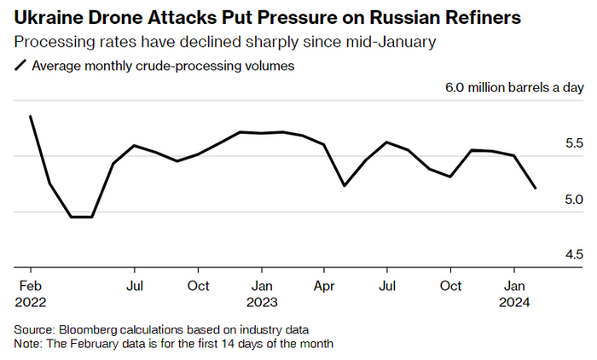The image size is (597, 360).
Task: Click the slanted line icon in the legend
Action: click(x=20, y=66)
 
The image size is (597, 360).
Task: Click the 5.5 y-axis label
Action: click(x=549, y=143)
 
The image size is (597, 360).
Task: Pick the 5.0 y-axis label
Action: click(x=549, y=199)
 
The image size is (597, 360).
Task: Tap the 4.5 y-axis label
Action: click(x=549, y=253)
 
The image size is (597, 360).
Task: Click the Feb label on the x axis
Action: click(x=30, y=286)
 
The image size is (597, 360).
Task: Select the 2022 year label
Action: click(x=30, y=301)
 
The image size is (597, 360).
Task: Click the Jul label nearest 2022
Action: click(x=135, y=286)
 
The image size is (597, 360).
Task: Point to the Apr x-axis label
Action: click(x=324, y=286)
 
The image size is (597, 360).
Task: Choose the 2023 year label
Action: click(x=262, y=301)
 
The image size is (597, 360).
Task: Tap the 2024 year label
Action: click(x=515, y=301)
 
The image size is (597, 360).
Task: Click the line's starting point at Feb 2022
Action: click(x=31, y=116)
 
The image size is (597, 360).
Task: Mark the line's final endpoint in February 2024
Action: click(x=536, y=188)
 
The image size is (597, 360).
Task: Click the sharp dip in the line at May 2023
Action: click(x=344, y=185)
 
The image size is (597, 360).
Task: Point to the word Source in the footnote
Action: click(x=33, y=329)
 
